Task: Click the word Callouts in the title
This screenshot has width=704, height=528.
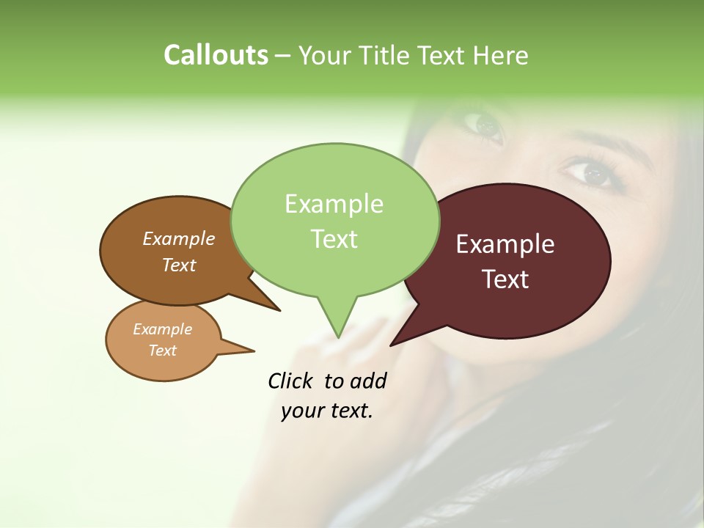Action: click(x=216, y=55)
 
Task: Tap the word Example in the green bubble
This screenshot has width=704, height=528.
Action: click(x=334, y=204)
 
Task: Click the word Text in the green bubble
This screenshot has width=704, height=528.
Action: click(x=334, y=239)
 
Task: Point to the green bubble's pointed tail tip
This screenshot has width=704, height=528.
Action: click(x=338, y=337)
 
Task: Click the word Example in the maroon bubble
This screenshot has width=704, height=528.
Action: click(x=505, y=244)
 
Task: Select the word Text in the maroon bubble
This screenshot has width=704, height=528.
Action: click(x=505, y=279)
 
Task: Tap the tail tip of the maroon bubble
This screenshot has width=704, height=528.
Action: click(x=391, y=345)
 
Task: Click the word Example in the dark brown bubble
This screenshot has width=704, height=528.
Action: click(x=179, y=238)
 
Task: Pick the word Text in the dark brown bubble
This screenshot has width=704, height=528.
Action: click(x=179, y=265)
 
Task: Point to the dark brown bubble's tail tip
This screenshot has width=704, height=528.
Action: click(x=280, y=310)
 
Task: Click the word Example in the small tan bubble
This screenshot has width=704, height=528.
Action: click(x=162, y=329)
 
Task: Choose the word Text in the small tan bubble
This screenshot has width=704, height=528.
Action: click(x=162, y=351)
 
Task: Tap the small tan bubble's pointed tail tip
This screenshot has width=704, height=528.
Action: click(x=254, y=351)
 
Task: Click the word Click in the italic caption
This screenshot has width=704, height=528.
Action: click(x=290, y=381)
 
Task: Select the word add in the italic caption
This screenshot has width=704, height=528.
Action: click(x=367, y=381)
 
